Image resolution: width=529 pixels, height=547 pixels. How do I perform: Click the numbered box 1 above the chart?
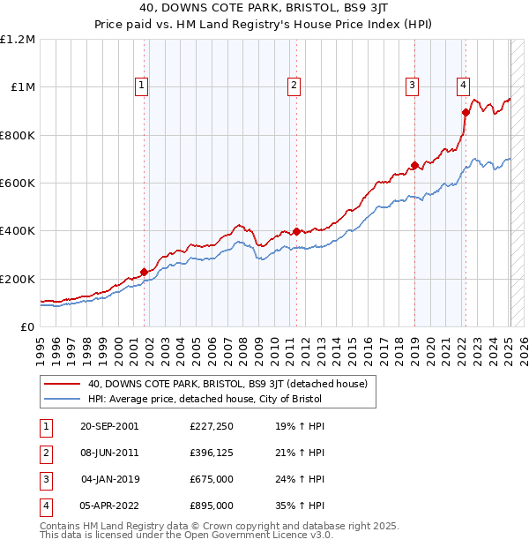[x=142, y=86]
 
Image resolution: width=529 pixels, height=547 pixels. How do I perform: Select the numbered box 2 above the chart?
[x=294, y=86]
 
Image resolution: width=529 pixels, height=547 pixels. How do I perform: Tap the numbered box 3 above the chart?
[x=412, y=86]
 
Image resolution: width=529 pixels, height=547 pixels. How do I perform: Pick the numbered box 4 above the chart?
[x=463, y=86]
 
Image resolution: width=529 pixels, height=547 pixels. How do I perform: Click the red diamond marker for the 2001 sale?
[x=144, y=273]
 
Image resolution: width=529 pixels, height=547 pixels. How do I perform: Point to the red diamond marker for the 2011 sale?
[x=296, y=232]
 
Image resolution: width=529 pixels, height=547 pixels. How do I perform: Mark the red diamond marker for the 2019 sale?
[x=414, y=165]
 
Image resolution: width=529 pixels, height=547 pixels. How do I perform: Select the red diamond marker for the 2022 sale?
[x=466, y=112]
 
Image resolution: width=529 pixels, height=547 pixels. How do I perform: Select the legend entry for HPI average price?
[x=205, y=399]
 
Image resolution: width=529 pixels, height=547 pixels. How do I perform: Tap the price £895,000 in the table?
[x=212, y=506]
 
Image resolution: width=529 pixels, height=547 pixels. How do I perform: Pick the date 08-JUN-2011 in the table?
[x=109, y=453]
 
